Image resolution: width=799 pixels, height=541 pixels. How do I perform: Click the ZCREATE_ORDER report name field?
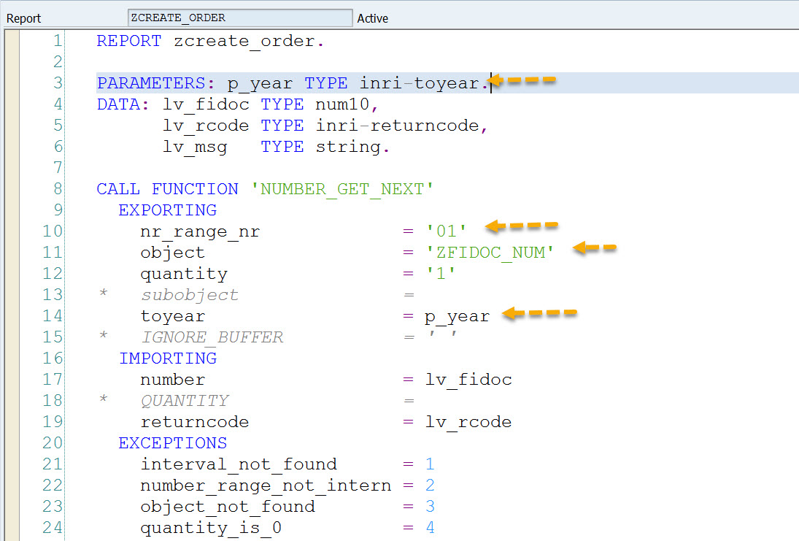(x=240, y=18)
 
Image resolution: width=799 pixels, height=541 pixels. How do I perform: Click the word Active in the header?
(x=372, y=18)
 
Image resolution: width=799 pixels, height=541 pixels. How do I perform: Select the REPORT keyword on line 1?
(x=129, y=41)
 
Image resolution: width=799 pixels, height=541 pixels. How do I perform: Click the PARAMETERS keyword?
(x=151, y=83)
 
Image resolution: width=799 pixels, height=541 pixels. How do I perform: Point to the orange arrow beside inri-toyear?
(x=522, y=80)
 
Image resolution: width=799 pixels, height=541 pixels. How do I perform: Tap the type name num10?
(x=342, y=104)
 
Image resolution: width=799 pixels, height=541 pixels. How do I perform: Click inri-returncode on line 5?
(x=397, y=126)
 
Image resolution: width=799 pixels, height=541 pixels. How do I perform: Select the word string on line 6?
(x=348, y=147)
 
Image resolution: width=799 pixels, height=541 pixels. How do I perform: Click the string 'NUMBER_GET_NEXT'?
(x=342, y=189)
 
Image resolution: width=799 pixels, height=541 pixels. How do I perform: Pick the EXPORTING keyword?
(x=168, y=210)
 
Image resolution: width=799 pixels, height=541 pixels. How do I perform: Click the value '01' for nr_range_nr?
(x=447, y=231)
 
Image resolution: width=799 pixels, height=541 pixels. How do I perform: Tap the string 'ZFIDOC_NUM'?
(x=490, y=253)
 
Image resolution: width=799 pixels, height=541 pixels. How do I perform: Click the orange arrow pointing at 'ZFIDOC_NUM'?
(x=595, y=248)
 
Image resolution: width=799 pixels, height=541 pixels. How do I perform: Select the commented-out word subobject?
(x=190, y=295)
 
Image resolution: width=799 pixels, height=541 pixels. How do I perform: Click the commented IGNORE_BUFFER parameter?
(x=212, y=337)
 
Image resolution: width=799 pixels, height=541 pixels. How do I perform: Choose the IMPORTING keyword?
(x=168, y=358)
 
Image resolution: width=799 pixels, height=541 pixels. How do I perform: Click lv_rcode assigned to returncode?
(x=468, y=422)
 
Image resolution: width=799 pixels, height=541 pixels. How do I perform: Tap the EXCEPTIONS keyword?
(x=173, y=443)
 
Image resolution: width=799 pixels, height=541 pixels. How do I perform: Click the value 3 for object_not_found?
(x=430, y=507)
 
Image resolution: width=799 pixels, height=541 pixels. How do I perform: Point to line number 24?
(x=53, y=528)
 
